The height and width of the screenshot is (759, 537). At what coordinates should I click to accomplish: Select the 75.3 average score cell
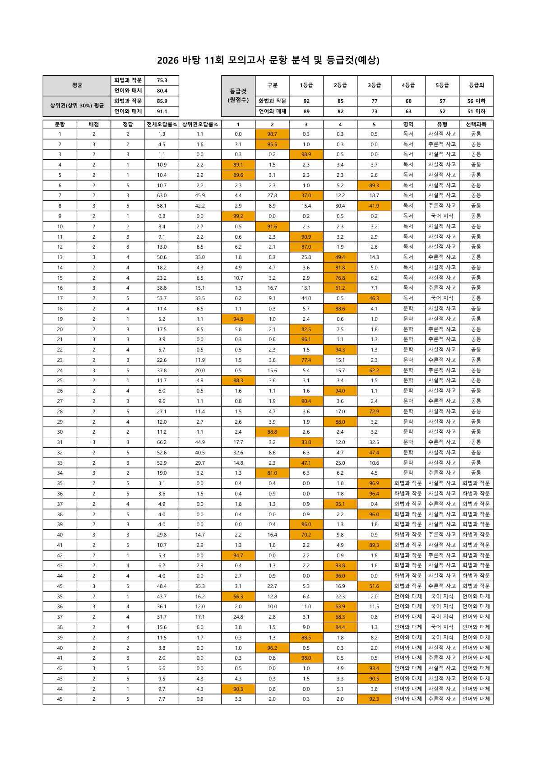162,80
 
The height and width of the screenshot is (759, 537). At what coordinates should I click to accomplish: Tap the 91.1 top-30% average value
162,111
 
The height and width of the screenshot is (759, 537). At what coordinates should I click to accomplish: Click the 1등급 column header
306,85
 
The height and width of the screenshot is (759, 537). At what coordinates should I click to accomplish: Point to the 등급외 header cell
476,85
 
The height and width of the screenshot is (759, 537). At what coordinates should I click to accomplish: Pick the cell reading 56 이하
476,101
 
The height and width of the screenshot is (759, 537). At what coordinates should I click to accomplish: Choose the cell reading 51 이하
476,111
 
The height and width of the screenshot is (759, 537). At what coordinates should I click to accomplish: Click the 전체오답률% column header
162,124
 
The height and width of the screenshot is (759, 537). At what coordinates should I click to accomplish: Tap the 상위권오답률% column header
200,124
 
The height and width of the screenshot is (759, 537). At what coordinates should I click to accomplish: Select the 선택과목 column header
476,124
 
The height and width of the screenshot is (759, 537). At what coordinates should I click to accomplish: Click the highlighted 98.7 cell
272,134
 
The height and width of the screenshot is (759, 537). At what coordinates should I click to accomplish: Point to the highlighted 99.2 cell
238,216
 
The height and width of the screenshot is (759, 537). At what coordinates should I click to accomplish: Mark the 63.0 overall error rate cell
162,195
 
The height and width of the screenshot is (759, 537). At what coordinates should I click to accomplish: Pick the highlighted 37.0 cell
306,195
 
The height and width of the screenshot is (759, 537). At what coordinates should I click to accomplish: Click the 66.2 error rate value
162,442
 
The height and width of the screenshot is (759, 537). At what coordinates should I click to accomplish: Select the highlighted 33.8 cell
306,442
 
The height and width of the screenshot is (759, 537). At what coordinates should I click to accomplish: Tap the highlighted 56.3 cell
238,596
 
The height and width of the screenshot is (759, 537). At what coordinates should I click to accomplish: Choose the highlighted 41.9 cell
374,206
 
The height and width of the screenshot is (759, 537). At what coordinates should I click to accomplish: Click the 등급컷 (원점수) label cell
238,96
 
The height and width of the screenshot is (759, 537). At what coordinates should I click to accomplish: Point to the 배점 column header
94,124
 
